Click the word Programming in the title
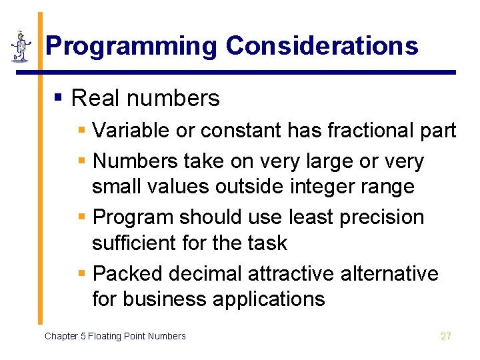coord(131,46)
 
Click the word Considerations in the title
coord(322,46)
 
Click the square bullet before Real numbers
coord(58,98)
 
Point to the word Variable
coord(131,130)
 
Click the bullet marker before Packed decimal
coord(82,274)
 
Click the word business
coord(161,299)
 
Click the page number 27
coord(446,336)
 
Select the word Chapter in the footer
coord(61,336)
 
